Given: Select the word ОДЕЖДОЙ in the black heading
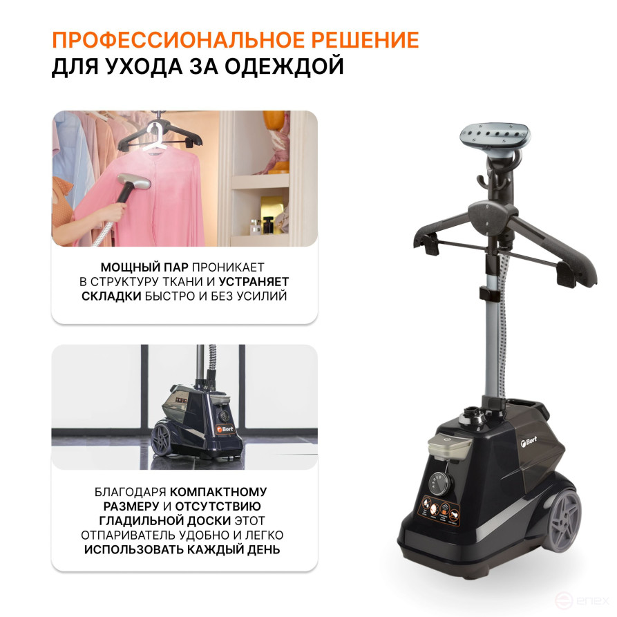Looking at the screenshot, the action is (285, 66).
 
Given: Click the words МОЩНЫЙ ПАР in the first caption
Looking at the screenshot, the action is (144, 267).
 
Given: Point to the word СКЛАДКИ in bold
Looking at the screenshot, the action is (111, 296).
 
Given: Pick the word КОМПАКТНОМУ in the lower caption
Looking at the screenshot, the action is (218, 492).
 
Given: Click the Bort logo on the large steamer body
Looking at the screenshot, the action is (529, 442).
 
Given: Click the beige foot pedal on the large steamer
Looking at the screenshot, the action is (450, 448).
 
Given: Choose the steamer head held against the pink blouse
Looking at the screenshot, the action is (133, 182).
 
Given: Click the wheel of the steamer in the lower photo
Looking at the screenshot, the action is (162, 438).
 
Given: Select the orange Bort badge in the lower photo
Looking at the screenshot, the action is (225, 429).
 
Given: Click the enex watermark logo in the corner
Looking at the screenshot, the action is (581, 600).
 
